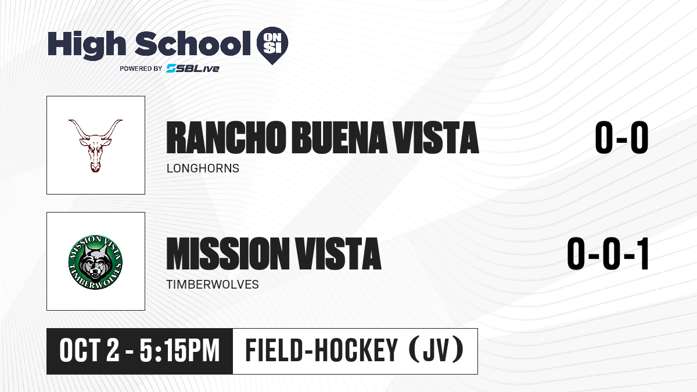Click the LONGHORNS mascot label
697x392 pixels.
coord(203,168)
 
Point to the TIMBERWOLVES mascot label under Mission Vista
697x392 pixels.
coord(213,285)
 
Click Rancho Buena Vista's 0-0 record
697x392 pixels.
coord(621,138)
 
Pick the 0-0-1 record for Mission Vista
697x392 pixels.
coord(608,254)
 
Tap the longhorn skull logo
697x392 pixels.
coord(95,146)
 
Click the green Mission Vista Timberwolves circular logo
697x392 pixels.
coord(95,262)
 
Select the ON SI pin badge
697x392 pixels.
coord(272,45)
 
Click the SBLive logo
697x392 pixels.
coord(192,68)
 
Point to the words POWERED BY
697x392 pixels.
coord(141,69)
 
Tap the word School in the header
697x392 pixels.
coord(193,43)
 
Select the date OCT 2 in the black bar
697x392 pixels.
coord(89,351)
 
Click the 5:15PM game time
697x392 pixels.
coord(179,351)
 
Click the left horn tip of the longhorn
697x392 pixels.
coord(69,120)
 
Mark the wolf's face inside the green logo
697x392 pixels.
coord(95,264)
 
